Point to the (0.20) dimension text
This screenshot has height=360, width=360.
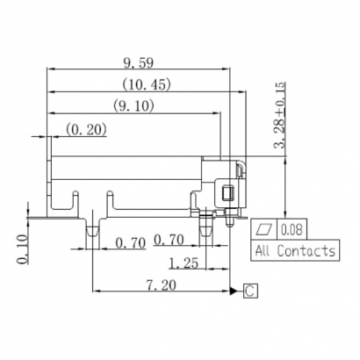86,130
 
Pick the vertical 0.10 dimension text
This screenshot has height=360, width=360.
22,248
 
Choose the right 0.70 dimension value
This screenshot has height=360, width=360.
169,241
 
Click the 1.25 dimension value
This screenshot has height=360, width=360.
183,262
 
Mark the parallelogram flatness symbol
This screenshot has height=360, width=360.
264,230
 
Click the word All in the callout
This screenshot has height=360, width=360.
263,251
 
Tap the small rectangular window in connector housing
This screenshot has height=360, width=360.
226,194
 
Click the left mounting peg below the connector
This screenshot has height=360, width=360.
91,230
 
